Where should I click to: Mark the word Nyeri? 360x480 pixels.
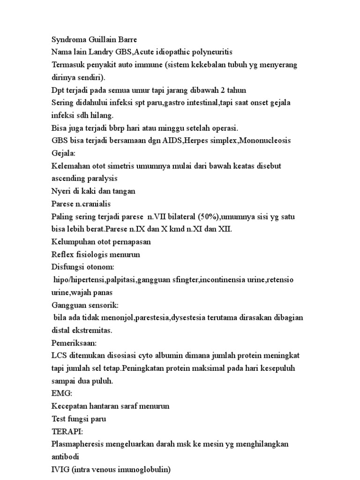(62, 191)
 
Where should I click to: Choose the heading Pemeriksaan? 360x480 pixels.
(74, 344)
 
